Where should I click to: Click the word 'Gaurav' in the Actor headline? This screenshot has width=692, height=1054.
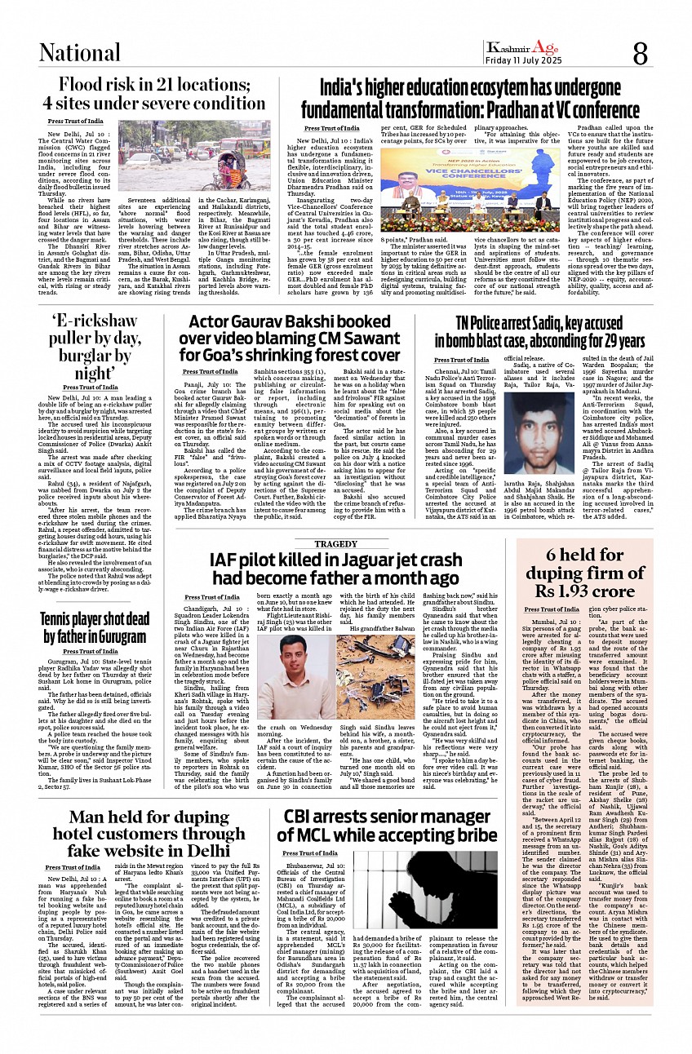[268, 323]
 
